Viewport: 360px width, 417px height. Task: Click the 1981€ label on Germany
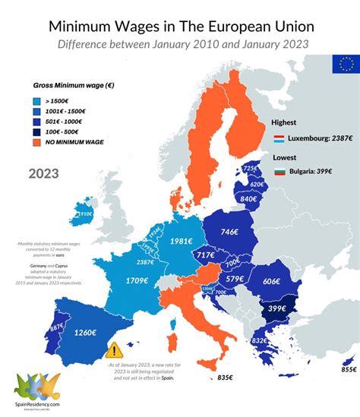point(180,242)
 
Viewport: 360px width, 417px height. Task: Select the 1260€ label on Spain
point(85,332)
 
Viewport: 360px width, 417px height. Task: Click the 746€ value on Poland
point(231,231)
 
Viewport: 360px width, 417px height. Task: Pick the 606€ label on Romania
point(271,280)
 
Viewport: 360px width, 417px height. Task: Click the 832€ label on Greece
point(258,340)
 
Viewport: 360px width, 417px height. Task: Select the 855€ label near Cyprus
point(348,369)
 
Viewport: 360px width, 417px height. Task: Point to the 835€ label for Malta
point(224,377)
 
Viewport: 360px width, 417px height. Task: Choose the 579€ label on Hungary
point(235,279)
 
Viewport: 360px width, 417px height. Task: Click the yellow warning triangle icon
point(114,350)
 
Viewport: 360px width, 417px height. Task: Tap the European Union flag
point(344,65)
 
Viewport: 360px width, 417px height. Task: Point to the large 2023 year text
point(47,173)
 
